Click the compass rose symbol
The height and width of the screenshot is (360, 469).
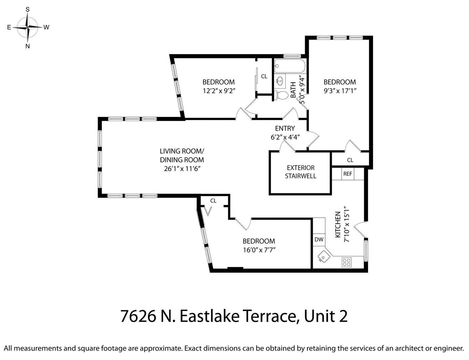[28, 27]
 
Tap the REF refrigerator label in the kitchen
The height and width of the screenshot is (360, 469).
[347, 174]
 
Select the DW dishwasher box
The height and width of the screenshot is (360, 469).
[319, 239]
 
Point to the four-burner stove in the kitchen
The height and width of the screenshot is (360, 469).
[346, 262]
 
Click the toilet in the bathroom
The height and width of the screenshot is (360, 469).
[282, 95]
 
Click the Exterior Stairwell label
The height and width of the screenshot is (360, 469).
[300, 172]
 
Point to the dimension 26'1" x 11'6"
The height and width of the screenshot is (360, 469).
[182, 169]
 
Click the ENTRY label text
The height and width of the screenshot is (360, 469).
[285, 128]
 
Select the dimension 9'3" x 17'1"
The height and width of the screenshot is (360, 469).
[340, 91]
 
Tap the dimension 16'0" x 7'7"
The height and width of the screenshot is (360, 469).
[259, 250]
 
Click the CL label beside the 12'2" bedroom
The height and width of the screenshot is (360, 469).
[264, 76]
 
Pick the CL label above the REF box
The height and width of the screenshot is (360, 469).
[350, 160]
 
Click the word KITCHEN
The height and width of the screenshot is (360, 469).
[338, 225]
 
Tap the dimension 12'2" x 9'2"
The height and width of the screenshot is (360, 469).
[219, 91]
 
